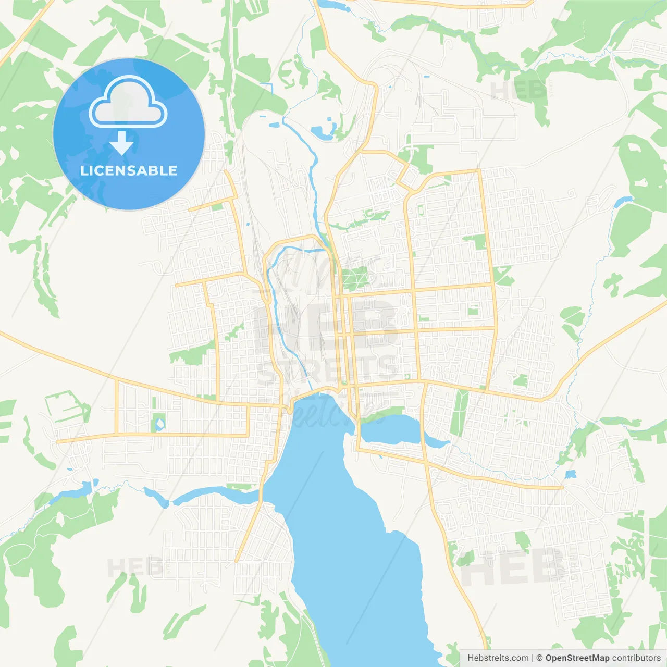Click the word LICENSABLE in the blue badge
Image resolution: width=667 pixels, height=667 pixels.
(129, 171)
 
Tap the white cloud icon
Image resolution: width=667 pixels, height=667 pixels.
(128, 103)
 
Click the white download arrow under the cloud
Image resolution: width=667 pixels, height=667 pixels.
(122, 143)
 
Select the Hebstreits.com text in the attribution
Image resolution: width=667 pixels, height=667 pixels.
(498, 658)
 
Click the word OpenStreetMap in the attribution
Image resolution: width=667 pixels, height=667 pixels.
(577, 658)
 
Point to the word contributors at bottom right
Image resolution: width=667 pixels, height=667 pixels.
(636, 658)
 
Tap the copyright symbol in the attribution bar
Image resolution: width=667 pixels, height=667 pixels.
(539, 658)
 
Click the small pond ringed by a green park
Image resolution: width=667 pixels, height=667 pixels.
(159, 423)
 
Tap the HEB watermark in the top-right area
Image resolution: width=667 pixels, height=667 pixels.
(516, 91)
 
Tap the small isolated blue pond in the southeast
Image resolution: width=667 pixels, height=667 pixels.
(571, 474)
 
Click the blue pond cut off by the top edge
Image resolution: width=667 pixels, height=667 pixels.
(333, 4)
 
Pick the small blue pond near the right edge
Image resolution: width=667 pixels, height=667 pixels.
(623, 201)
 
